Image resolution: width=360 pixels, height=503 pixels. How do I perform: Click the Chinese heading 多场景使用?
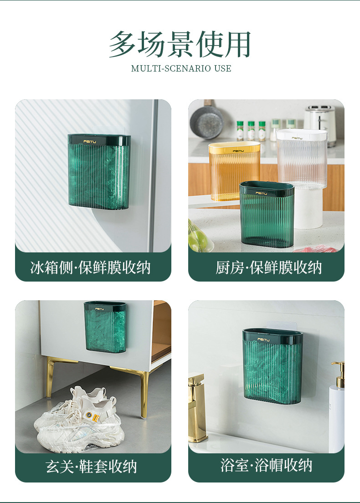180,44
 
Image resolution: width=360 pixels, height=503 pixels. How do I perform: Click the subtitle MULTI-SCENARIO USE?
181,68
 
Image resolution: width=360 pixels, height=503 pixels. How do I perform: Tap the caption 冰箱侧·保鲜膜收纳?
91,267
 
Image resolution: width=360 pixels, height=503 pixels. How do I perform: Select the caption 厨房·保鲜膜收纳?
268,267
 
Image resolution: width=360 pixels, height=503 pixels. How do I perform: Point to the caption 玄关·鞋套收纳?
91,466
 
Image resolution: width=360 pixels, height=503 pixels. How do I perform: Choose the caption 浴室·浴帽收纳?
266,465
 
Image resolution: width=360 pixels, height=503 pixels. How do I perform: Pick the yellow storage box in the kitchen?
234,171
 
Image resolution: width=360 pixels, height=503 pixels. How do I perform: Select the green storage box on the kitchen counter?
267,214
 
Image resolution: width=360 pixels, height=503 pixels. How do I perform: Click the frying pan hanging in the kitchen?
206,119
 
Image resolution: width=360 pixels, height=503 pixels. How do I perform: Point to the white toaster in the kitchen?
320,123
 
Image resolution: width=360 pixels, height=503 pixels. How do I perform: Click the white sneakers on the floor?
80,420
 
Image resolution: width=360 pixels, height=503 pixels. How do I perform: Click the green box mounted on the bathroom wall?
273,366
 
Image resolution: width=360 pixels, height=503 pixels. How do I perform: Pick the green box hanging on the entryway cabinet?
105,327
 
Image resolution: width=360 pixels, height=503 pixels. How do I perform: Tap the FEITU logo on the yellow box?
238,151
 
